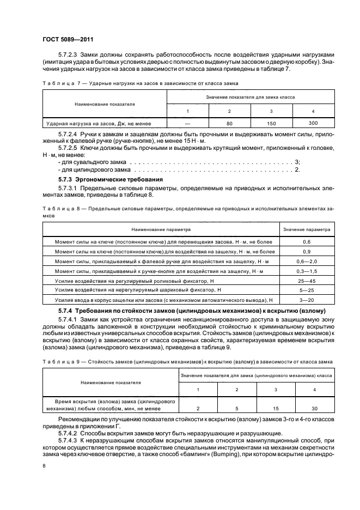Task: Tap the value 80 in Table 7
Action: tap(230, 124)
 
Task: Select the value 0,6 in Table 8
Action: tap(307, 241)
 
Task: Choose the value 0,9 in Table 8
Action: tap(307, 251)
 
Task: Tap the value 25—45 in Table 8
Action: tap(307, 281)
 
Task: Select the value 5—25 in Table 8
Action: tap(307, 290)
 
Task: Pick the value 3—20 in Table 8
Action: tap(307, 300)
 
